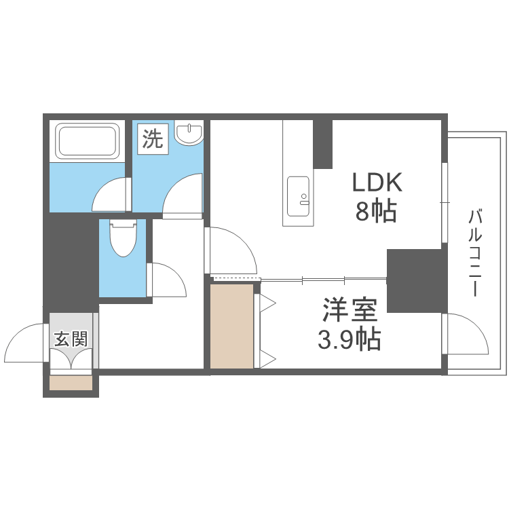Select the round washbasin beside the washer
(189, 133)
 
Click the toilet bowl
(123, 238)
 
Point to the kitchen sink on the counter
(298, 192)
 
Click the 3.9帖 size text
(349, 338)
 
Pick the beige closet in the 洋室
(231, 326)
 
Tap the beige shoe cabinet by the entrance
(71, 383)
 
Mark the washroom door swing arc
(184, 196)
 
